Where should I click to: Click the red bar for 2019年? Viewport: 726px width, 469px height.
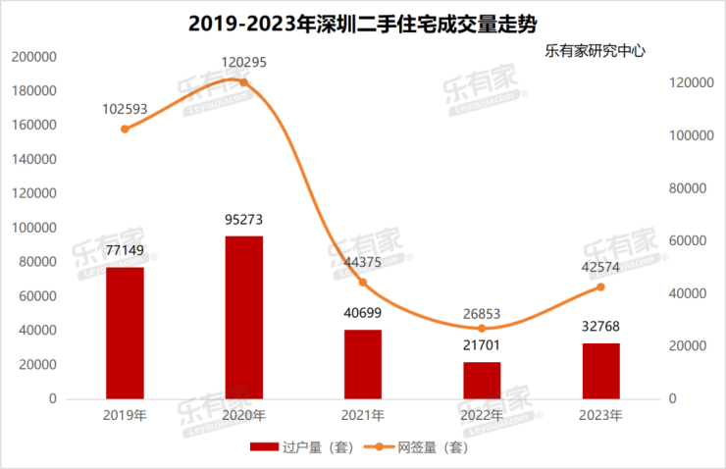(x=125, y=333)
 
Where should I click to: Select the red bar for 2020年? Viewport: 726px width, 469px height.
(x=243, y=317)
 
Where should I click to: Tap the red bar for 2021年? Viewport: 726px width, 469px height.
(x=363, y=364)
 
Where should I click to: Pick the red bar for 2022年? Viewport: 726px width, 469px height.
(x=482, y=380)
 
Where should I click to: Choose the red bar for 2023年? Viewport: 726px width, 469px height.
(x=601, y=371)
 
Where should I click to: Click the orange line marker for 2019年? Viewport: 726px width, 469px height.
(x=125, y=129)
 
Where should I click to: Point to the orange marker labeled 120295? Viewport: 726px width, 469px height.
(x=243, y=82)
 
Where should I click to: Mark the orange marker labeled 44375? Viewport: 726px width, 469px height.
(x=363, y=283)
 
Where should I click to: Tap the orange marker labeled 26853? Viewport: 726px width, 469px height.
(x=482, y=329)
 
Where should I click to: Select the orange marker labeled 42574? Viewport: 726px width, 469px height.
(x=601, y=287)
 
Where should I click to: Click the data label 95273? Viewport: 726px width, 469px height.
(x=243, y=220)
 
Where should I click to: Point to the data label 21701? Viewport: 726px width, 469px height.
(x=482, y=345)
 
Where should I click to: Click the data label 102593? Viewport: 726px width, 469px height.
(x=125, y=108)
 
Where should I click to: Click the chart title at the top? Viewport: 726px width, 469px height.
(x=362, y=20)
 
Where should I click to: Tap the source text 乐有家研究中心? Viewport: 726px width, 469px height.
(x=596, y=50)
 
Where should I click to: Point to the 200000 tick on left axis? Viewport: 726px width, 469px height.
(x=34, y=57)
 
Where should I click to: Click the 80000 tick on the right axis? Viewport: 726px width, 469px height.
(x=689, y=188)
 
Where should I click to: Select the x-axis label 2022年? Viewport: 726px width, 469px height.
(x=482, y=415)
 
